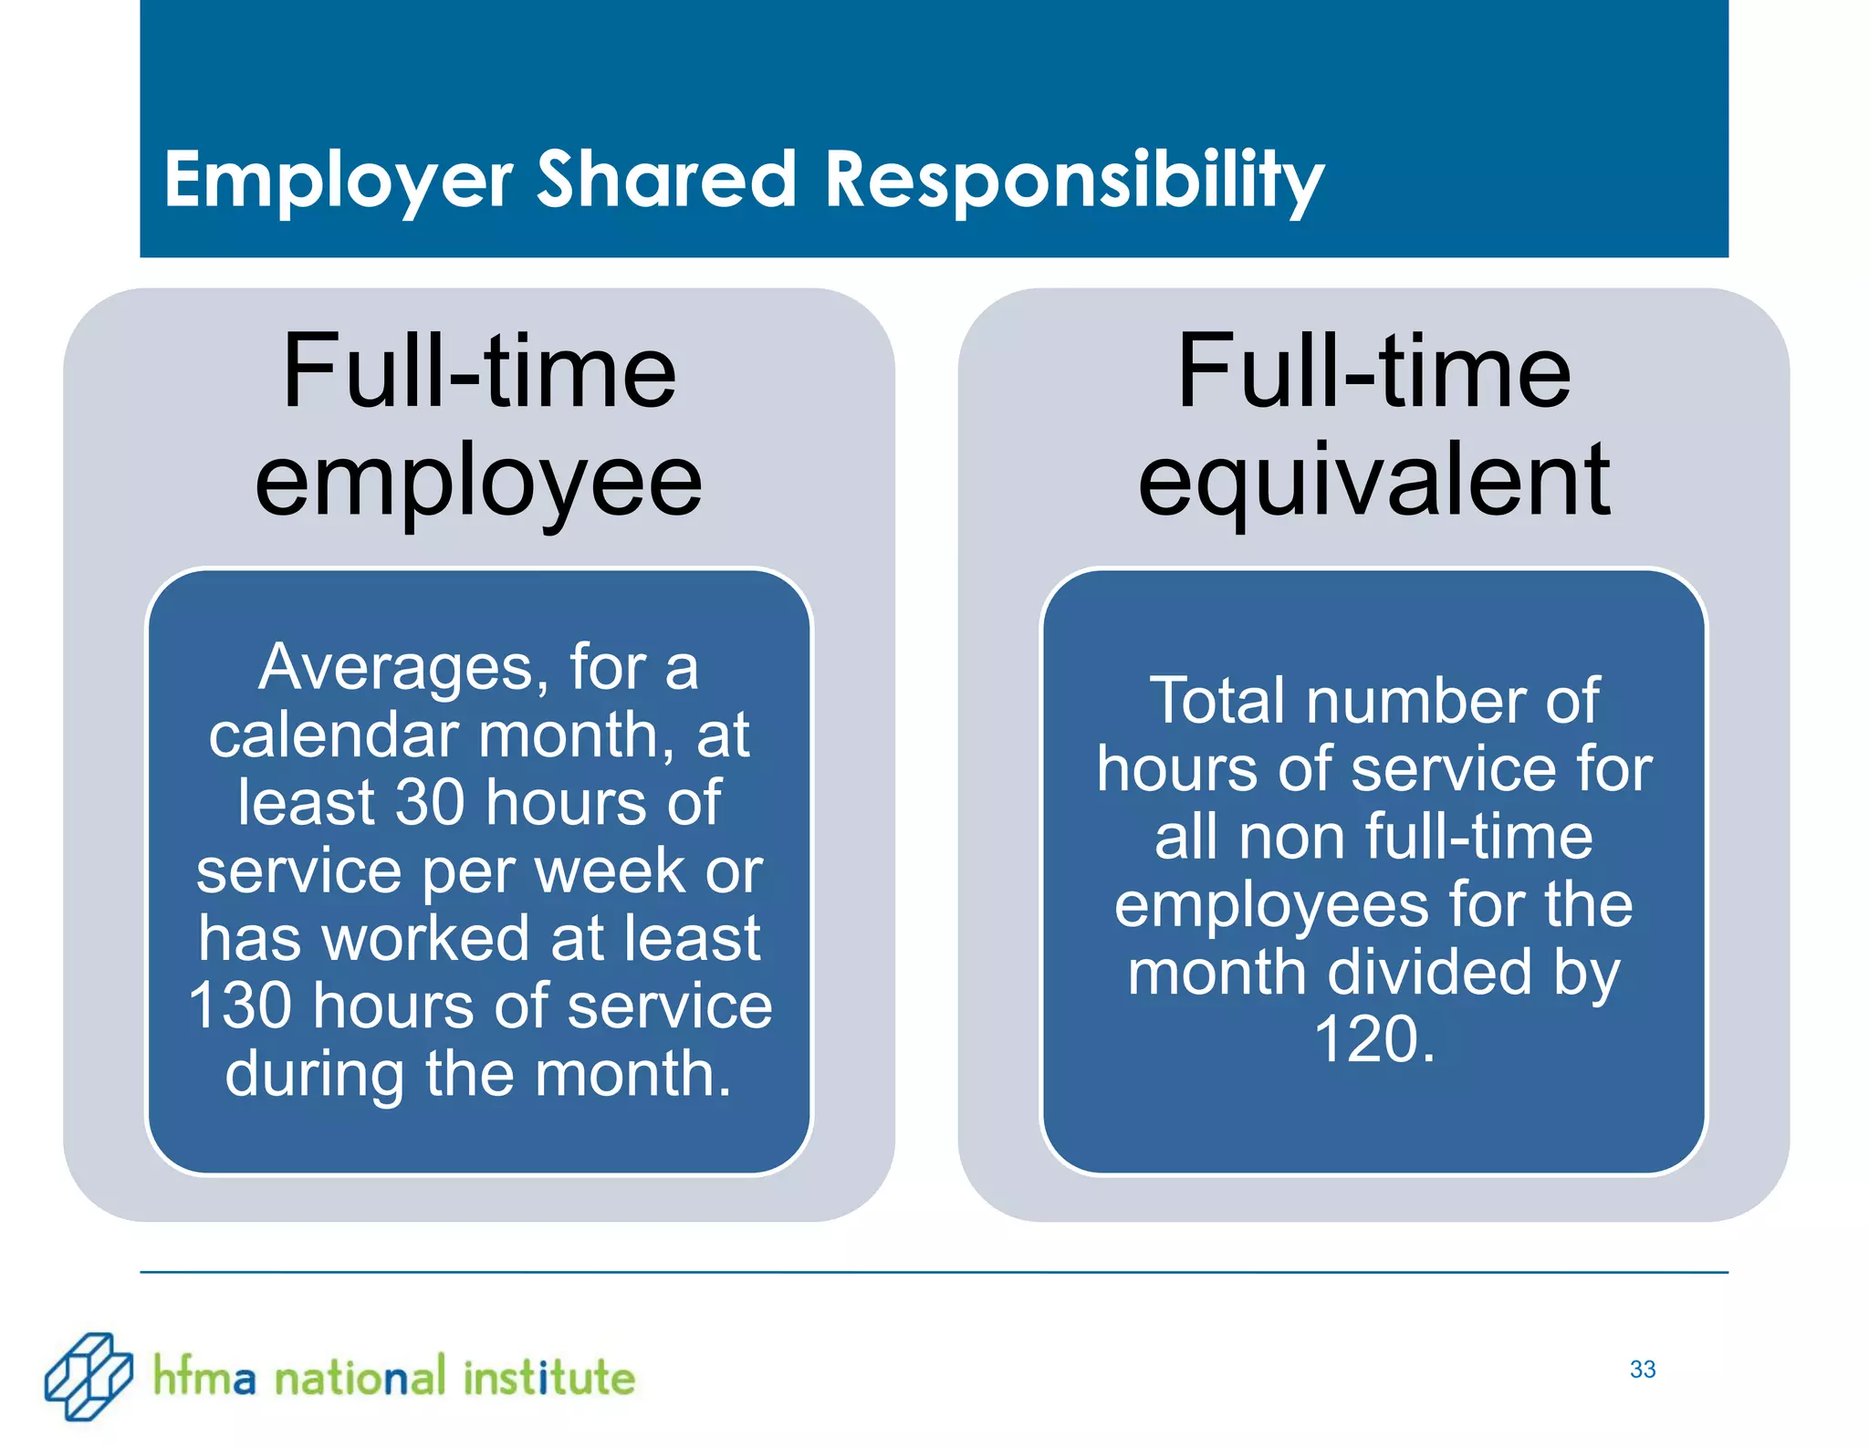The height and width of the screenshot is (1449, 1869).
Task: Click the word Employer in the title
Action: point(338,181)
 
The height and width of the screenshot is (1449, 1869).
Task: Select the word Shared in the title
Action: point(666,179)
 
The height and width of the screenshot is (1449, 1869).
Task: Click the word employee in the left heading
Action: point(478,482)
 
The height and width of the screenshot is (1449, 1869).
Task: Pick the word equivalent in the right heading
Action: point(1373,480)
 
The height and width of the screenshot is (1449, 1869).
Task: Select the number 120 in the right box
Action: point(1364,1040)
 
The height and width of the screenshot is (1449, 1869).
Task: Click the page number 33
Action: point(1643,1369)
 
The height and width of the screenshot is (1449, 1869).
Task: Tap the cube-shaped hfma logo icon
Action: point(89,1376)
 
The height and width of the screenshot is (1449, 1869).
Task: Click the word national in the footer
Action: point(360,1378)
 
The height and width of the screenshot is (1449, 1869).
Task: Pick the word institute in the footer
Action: point(548,1378)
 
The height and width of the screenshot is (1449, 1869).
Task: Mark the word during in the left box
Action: point(315,1074)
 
